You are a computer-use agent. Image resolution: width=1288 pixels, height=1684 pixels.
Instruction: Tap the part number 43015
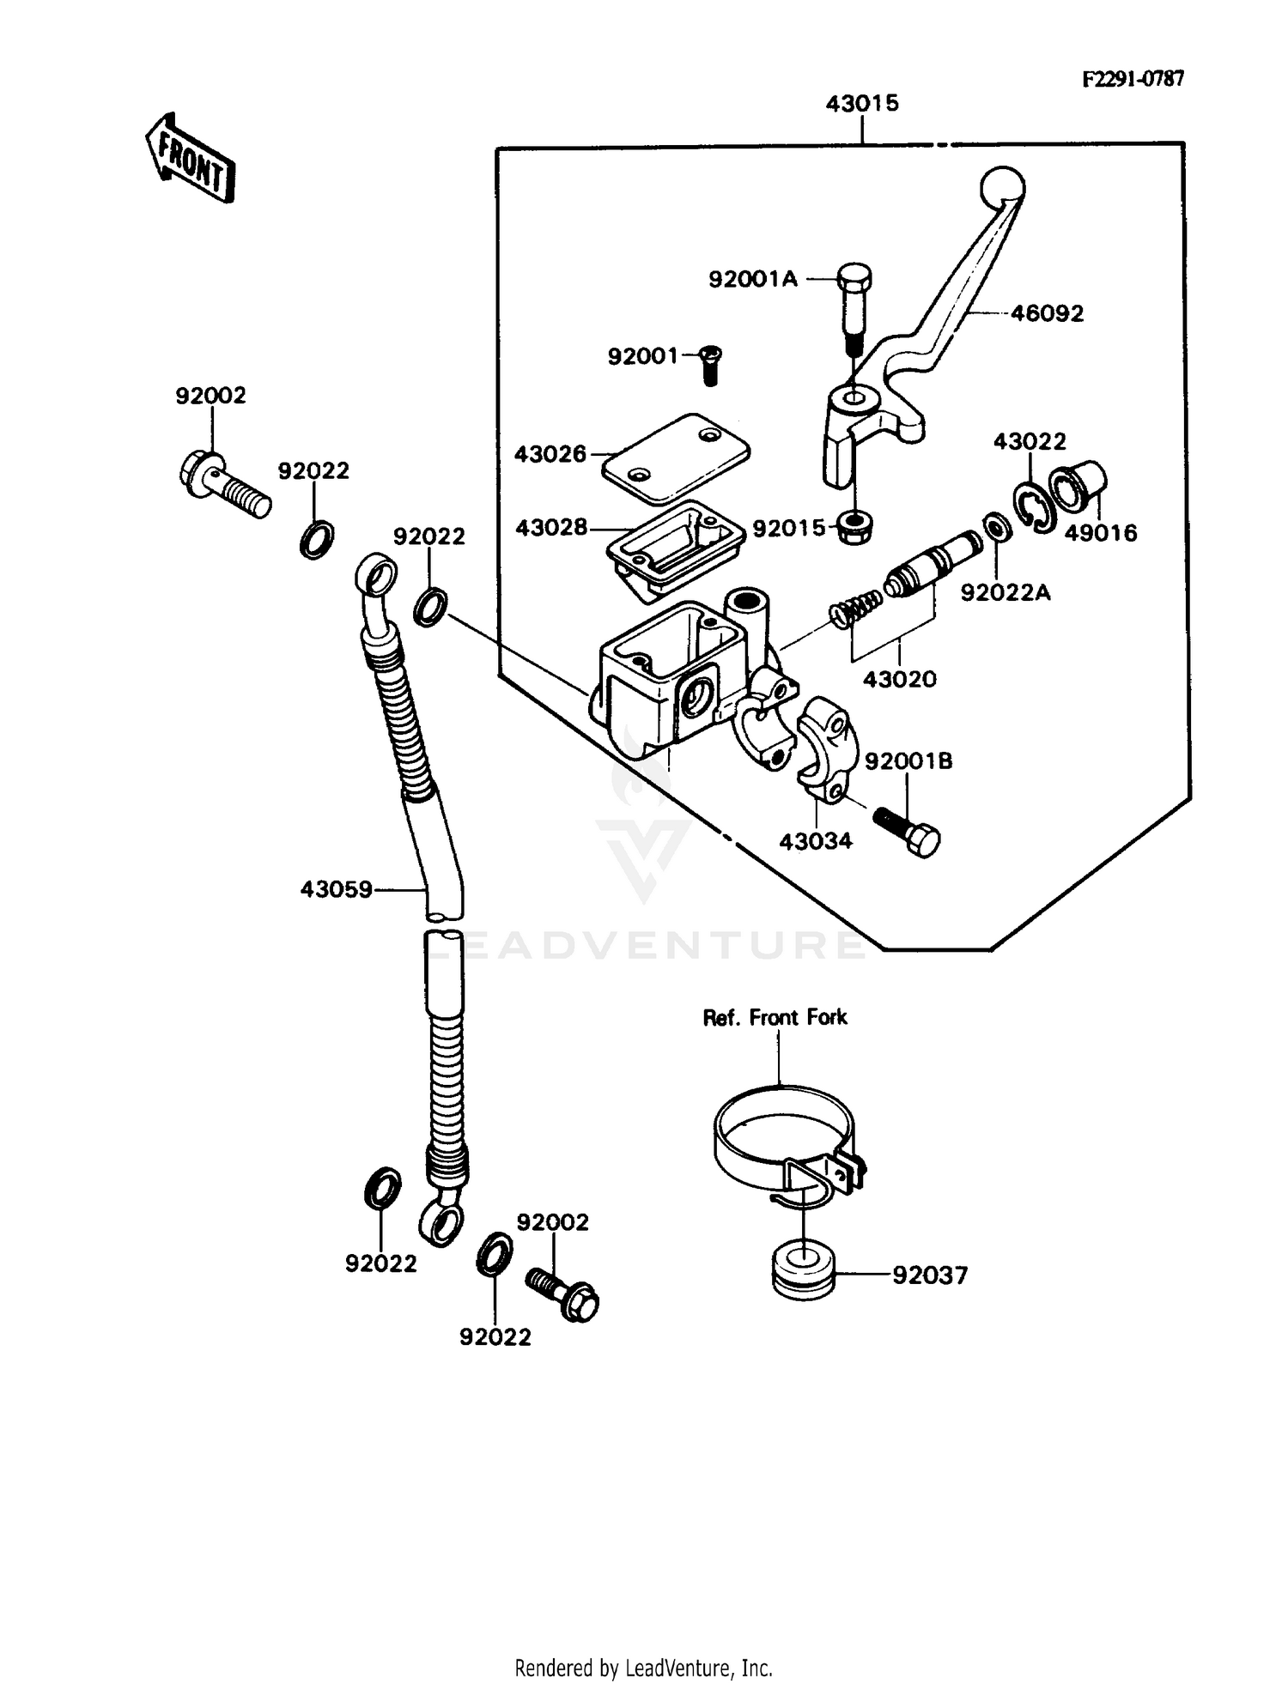coord(861,104)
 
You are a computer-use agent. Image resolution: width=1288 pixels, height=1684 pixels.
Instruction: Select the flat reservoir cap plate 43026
coord(676,458)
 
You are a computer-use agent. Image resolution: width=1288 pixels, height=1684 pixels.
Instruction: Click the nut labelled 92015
coord(855,525)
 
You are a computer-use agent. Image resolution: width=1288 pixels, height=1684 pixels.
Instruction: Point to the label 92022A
coord(1005,593)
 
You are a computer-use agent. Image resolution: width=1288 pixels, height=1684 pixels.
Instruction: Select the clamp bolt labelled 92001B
coord(908,828)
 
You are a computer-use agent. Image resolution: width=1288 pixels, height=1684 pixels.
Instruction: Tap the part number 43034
coord(815,841)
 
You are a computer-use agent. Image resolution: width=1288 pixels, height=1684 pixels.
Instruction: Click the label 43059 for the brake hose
coord(336,889)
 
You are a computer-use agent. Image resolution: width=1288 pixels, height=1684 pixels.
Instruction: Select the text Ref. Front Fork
coord(775,1018)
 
